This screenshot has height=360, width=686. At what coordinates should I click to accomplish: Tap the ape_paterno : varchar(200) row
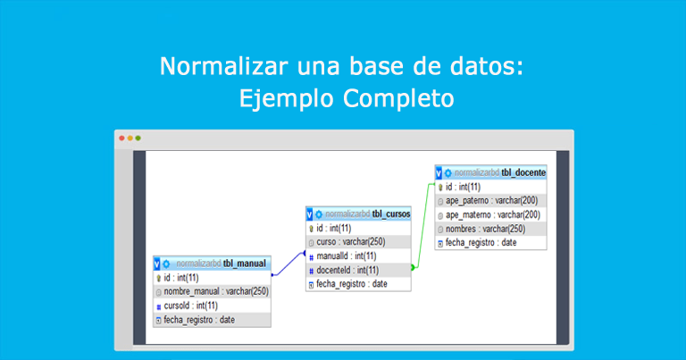pyautogui.click(x=490, y=201)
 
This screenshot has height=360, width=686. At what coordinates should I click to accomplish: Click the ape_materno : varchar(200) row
pyautogui.click(x=490, y=214)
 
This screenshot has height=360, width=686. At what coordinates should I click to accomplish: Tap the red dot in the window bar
pyautogui.click(x=121, y=138)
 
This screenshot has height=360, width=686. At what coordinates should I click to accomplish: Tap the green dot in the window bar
pyautogui.click(x=138, y=138)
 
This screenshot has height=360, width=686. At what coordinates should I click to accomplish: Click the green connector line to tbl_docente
pyautogui.click(x=423, y=223)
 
